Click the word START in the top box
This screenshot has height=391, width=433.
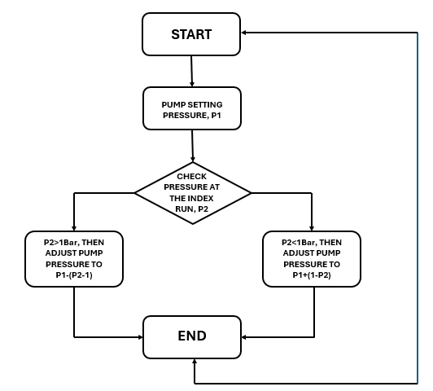point(191,34)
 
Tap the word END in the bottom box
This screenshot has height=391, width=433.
point(192,336)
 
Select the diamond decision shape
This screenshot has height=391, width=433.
point(193,193)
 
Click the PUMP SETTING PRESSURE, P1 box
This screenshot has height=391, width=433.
point(192,108)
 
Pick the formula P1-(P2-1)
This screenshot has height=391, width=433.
point(74,275)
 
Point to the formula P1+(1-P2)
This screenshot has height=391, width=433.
point(312,275)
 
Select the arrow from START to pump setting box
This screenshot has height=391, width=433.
point(191,71)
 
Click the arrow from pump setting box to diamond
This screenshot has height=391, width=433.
point(192,146)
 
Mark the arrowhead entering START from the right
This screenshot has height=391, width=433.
point(244,33)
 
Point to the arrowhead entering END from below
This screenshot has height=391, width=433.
point(195,362)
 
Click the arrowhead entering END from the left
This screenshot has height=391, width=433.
point(140,337)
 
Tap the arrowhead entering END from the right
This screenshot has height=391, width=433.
point(244,337)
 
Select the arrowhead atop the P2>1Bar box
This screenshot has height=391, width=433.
point(74,228)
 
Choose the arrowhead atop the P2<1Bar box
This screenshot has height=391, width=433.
point(312,228)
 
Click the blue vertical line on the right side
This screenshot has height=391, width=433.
point(418,208)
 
